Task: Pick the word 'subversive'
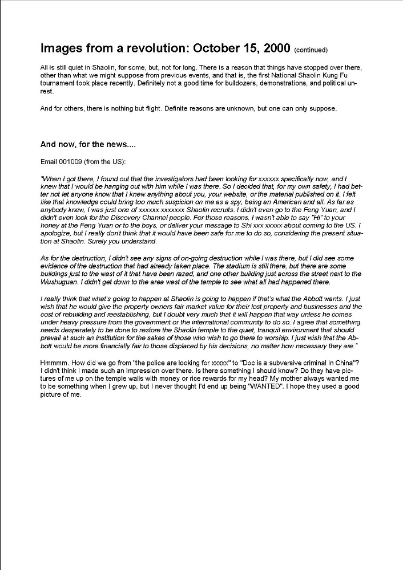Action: point(281,363)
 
